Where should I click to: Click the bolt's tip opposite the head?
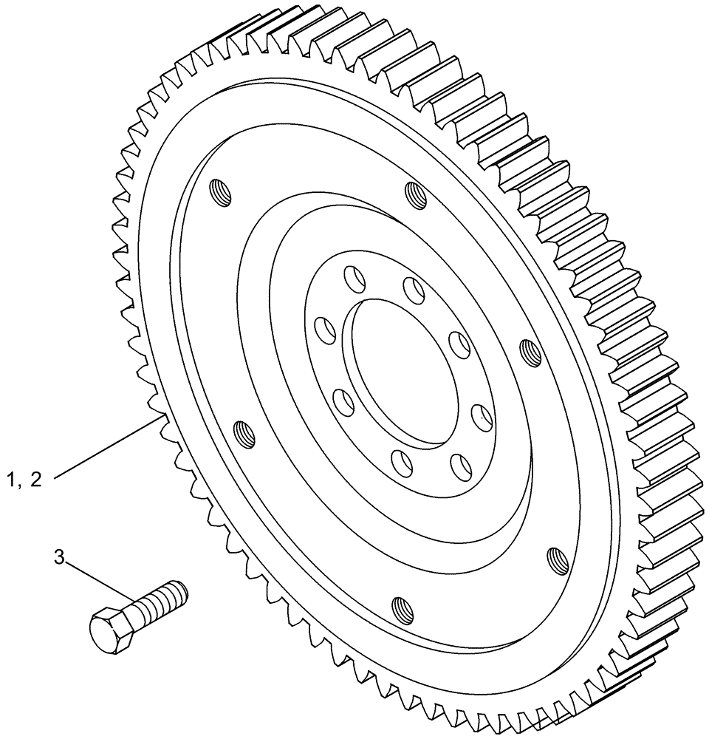182,590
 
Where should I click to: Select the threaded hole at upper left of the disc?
222,193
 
